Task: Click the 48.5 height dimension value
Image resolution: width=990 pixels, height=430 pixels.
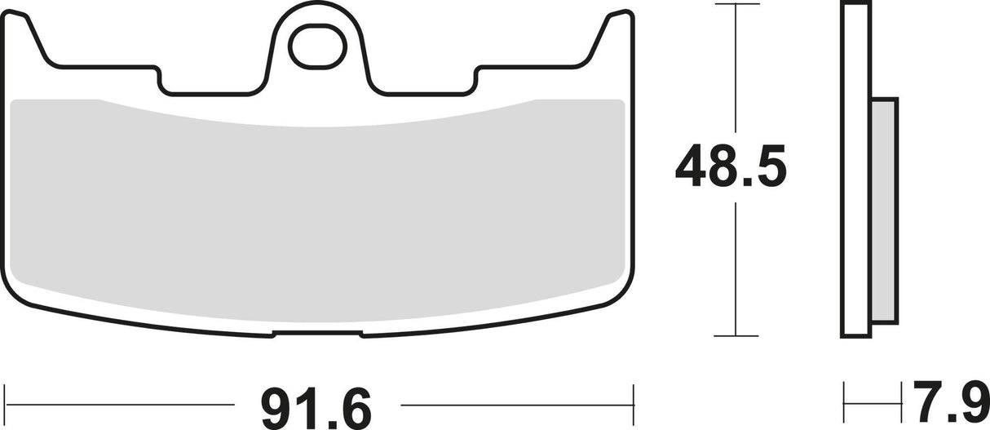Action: (731, 169)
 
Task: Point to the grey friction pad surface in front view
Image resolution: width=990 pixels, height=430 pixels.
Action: (318, 204)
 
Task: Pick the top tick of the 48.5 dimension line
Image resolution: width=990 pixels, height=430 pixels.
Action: (736, 5)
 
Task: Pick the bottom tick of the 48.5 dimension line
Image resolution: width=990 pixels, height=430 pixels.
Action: (736, 335)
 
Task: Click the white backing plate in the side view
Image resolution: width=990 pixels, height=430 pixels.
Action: (854, 171)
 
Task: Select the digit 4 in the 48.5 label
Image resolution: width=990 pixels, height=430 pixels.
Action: (690, 169)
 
